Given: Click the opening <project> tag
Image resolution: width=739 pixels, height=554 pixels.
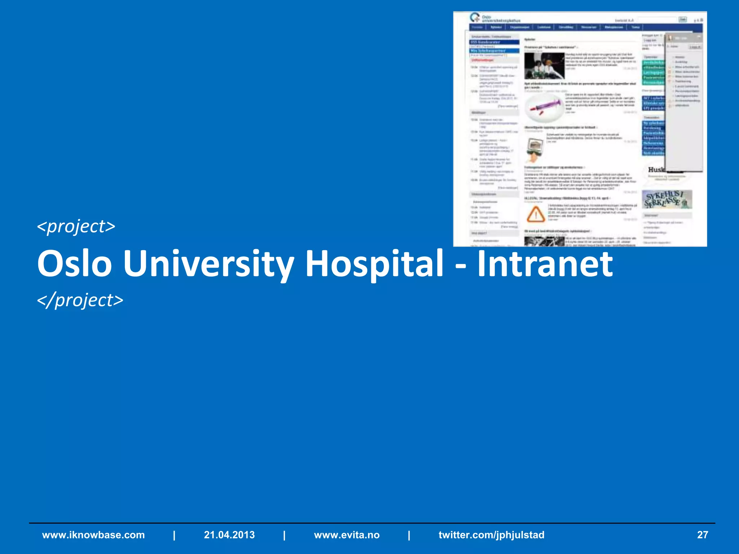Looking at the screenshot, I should pyautogui.click(x=76, y=227).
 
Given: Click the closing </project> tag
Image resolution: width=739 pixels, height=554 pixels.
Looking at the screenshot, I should pyautogui.click(x=80, y=300).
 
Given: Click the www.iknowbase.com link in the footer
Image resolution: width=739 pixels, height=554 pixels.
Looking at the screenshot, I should pyautogui.click(x=93, y=535).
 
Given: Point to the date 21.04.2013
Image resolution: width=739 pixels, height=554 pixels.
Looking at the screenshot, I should pyautogui.click(x=229, y=535).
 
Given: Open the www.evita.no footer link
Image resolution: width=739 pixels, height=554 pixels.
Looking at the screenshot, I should pyautogui.click(x=347, y=535).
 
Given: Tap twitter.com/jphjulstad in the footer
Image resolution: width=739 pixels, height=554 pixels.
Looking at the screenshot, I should pyautogui.click(x=491, y=535).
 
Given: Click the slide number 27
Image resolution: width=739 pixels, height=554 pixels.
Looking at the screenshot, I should pyautogui.click(x=702, y=535).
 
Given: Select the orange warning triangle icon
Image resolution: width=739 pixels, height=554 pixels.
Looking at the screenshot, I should pyautogui.click(x=536, y=214).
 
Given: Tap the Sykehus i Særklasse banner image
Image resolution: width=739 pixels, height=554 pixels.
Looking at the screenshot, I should pyautogui.click(x=667, y=200).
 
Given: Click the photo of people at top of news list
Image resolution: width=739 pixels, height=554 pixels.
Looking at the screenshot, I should pyautogui.click(x=544, y=66).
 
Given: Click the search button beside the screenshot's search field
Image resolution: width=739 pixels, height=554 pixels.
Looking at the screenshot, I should pyautogui.click(x=683, y=19).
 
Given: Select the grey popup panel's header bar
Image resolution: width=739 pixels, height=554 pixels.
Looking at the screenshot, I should pyautogui.click(x=684, y=38).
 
